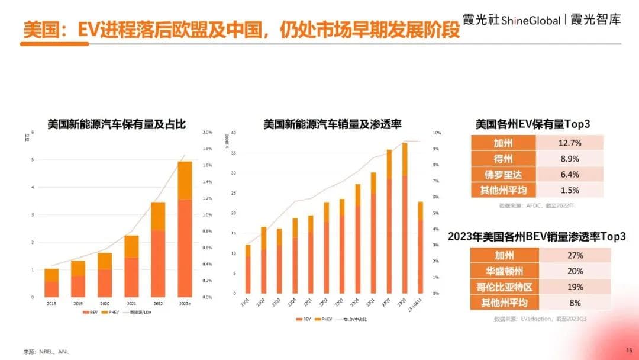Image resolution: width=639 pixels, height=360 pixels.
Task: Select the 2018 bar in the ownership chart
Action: click(51, 283)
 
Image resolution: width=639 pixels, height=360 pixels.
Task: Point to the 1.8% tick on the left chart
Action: click(207, 149)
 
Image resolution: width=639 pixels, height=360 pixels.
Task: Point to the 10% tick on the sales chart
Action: click(437, 133)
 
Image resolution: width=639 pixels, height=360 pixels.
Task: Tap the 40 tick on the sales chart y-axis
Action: click(234, 133)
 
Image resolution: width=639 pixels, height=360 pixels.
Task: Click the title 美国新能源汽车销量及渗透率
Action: click(333, 124)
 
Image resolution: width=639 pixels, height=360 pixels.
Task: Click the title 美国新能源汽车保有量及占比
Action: click(117, 124)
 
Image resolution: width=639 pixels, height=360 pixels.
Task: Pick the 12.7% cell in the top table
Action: click(570, 143)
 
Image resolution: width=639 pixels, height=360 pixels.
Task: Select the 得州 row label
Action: click(504, 159)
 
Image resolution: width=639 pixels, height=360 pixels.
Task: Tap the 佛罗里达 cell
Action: click(504, 175)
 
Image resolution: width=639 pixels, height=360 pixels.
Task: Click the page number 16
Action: click(629, 350)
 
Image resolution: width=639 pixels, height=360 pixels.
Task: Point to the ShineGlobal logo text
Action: click(530, 21)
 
